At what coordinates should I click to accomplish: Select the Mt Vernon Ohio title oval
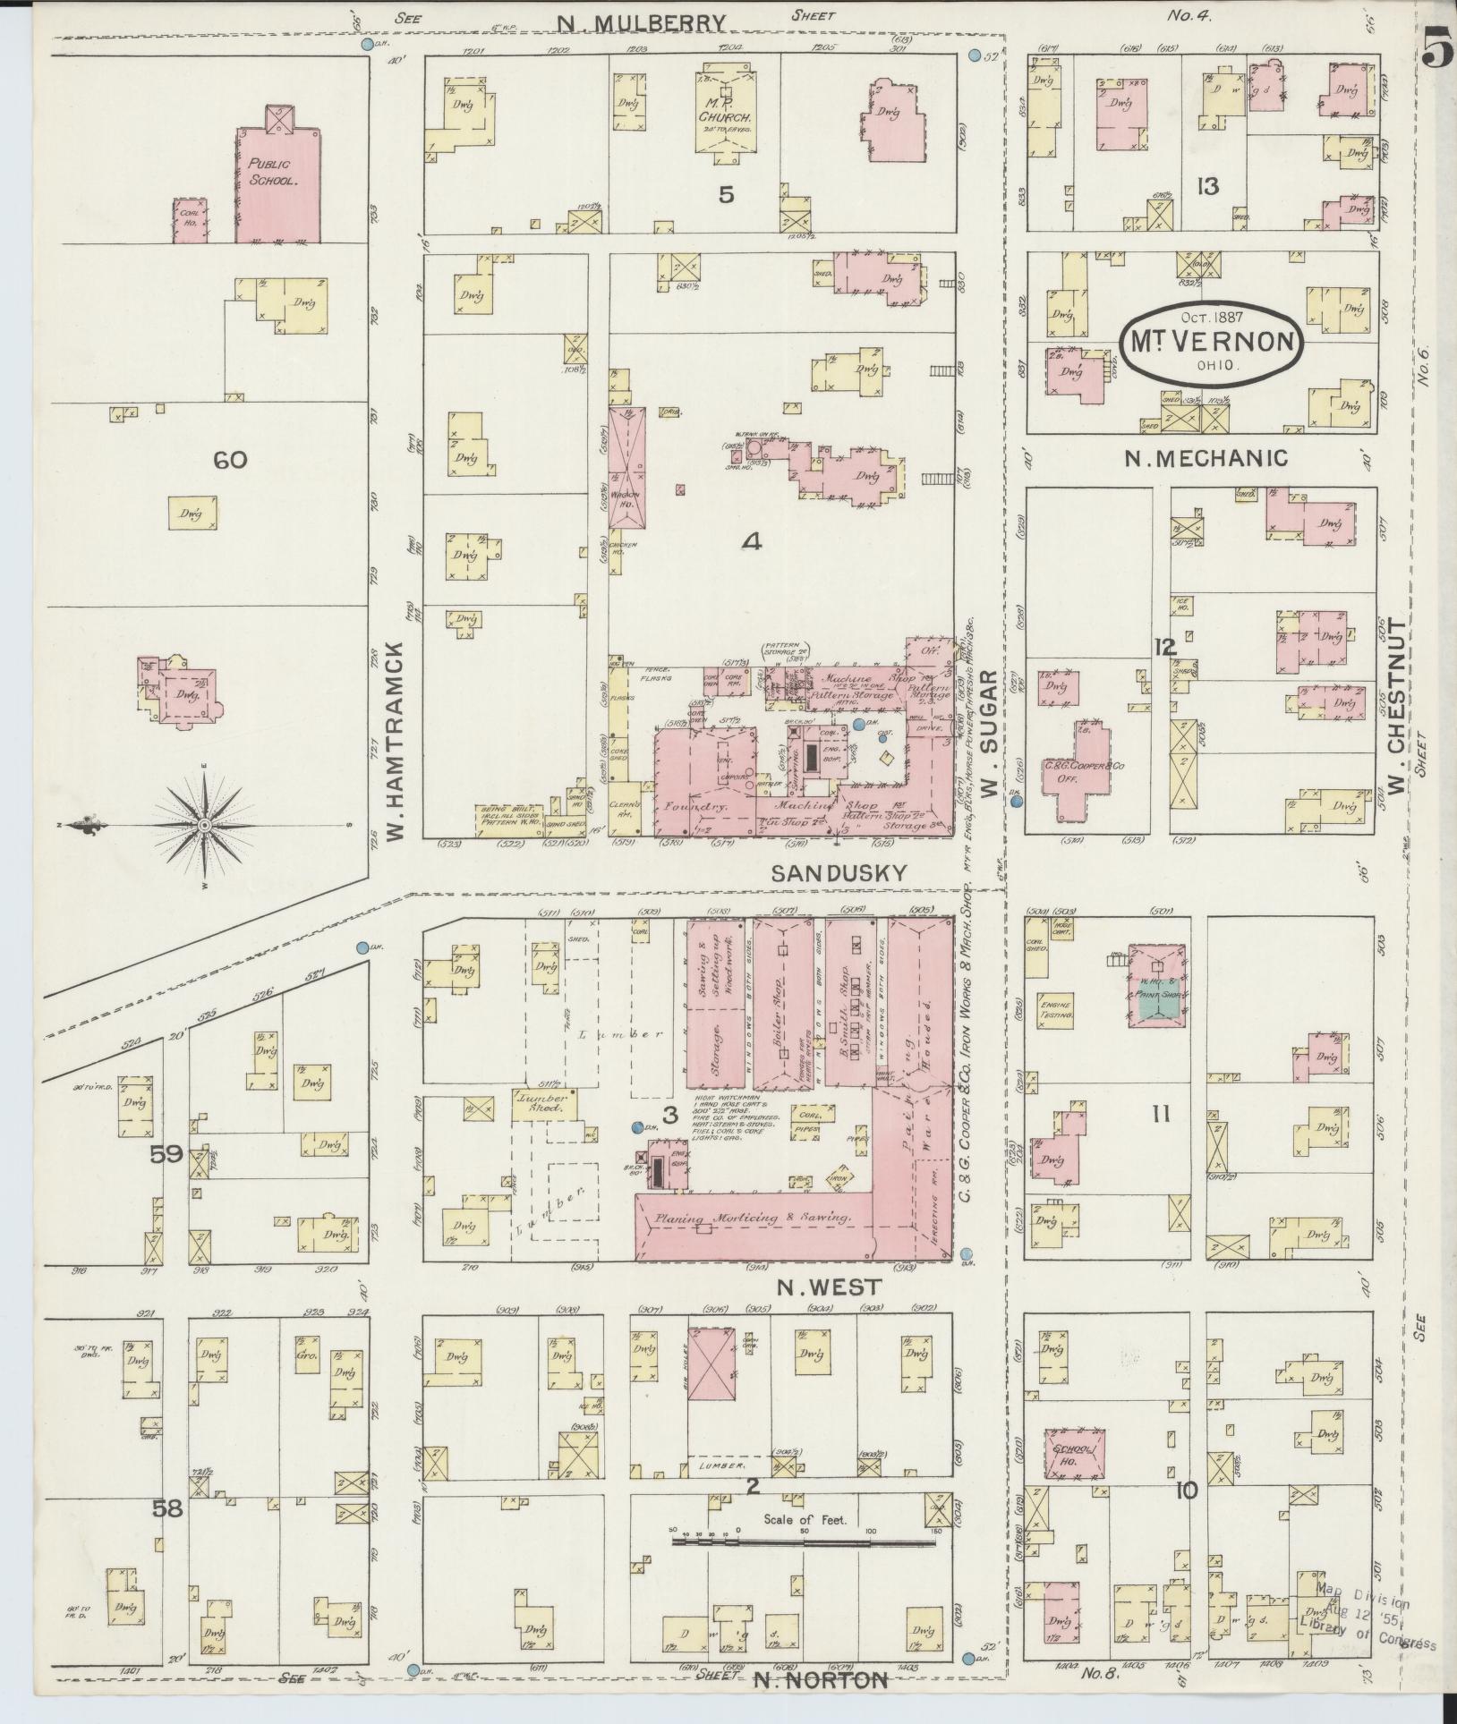1213,344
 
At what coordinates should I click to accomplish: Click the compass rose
205,823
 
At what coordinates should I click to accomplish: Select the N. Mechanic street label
1206,458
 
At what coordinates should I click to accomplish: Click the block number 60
230,461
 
